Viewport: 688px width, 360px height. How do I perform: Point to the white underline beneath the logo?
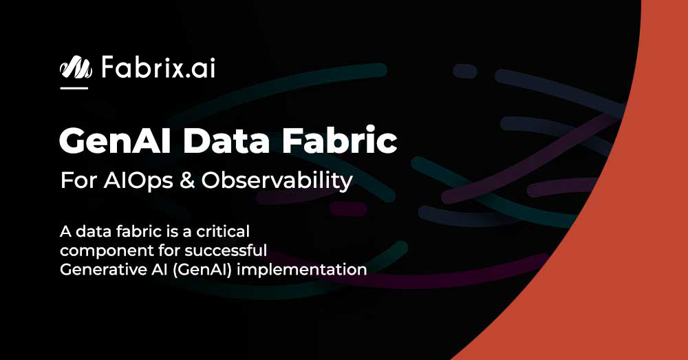coord(74,88)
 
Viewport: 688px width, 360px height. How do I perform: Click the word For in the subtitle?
coord(77,181)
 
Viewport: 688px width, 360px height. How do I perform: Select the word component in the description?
coord(102,249)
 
